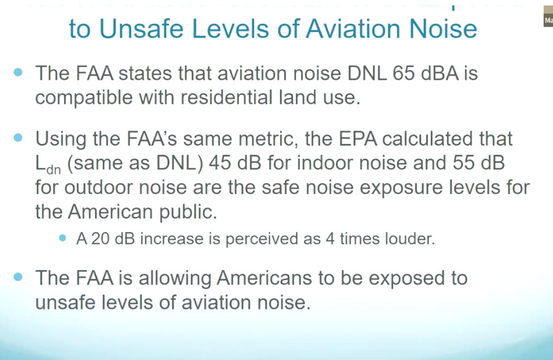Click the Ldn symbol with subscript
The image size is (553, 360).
click(48, 165)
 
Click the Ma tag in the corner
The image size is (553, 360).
click(548, 21)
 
